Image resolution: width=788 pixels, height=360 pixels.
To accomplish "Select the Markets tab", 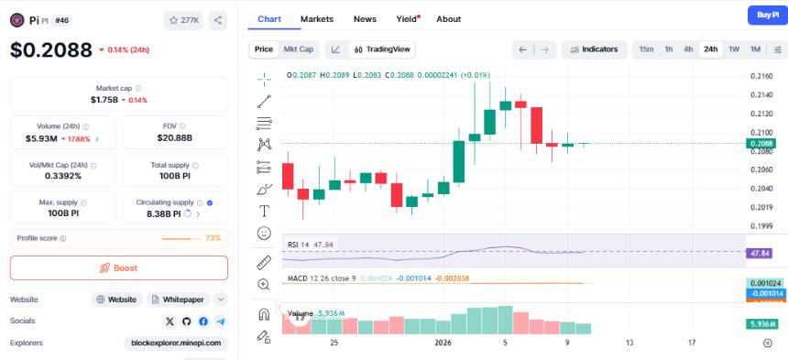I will click(317, 19).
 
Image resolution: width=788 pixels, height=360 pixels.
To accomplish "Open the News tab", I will click(365, 19).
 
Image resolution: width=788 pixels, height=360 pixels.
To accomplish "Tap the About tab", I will click(449, 19).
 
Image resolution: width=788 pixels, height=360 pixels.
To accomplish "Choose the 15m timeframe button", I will click(646, 49).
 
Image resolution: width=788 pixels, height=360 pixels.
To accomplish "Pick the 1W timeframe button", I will click(734, 49).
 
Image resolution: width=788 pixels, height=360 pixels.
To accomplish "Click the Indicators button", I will click(594, 49).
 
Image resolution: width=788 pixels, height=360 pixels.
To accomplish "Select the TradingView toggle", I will click(383, 49).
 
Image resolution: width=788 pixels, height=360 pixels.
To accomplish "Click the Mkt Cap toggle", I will click(298, 49).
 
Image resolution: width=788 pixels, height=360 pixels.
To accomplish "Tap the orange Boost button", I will click(119, 267).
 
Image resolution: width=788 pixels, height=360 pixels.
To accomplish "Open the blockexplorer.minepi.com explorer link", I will click(176, 344).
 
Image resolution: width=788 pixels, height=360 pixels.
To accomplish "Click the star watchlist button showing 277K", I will click(183, 19).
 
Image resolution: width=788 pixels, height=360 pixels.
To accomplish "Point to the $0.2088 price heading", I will click(51, 50).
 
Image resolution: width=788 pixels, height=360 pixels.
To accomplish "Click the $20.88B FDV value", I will click(174, 139).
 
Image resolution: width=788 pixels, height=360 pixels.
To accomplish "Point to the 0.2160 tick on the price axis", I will click(761, 76).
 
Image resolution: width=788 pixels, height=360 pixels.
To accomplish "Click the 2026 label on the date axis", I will click(443, 343).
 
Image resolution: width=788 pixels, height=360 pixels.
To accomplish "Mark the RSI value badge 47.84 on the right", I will click(761, 253).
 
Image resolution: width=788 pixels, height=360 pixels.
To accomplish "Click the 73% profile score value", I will click(213, 238).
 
